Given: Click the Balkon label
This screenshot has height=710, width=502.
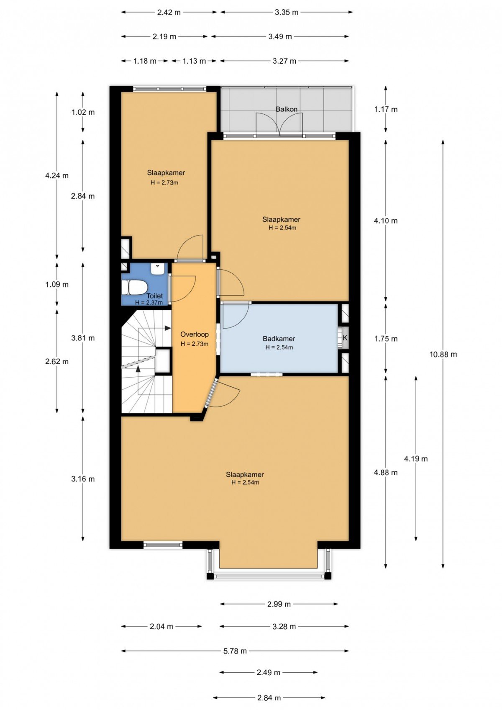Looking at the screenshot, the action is click(x=286, y=109).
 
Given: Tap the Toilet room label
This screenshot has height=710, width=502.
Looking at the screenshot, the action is click(x=154, y=296).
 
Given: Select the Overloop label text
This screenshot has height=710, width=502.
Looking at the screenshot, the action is click(x=195, y=334).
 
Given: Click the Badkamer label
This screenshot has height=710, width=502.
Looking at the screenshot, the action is click(x=279, y=339).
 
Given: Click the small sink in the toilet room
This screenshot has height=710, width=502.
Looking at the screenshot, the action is click(x=157, y=270).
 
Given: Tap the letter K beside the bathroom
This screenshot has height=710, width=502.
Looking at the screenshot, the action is click(x=345, y=338).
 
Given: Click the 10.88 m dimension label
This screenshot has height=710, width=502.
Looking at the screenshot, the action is click(x=443, y=354).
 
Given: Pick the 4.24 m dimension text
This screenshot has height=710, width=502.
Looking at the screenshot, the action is click(x=57, y=175).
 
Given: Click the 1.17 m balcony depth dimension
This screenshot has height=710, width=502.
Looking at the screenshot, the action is click(x=386, y=109).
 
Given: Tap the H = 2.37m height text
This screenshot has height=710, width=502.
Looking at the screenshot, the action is click(x=149, y=303).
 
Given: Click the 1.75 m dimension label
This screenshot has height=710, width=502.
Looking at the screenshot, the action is click(x=386, y=339).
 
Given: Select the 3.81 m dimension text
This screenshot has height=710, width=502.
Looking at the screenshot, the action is click(x=83, y=338).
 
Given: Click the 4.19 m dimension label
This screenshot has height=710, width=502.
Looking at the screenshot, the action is click(x=416, y=459).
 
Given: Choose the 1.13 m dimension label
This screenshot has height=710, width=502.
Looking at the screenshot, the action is click(x=194, y=61).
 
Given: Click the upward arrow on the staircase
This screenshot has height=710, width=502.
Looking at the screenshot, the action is click(x=138, y=369).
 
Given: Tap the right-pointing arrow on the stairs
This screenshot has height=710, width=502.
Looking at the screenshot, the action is click(x=168, y=328).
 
